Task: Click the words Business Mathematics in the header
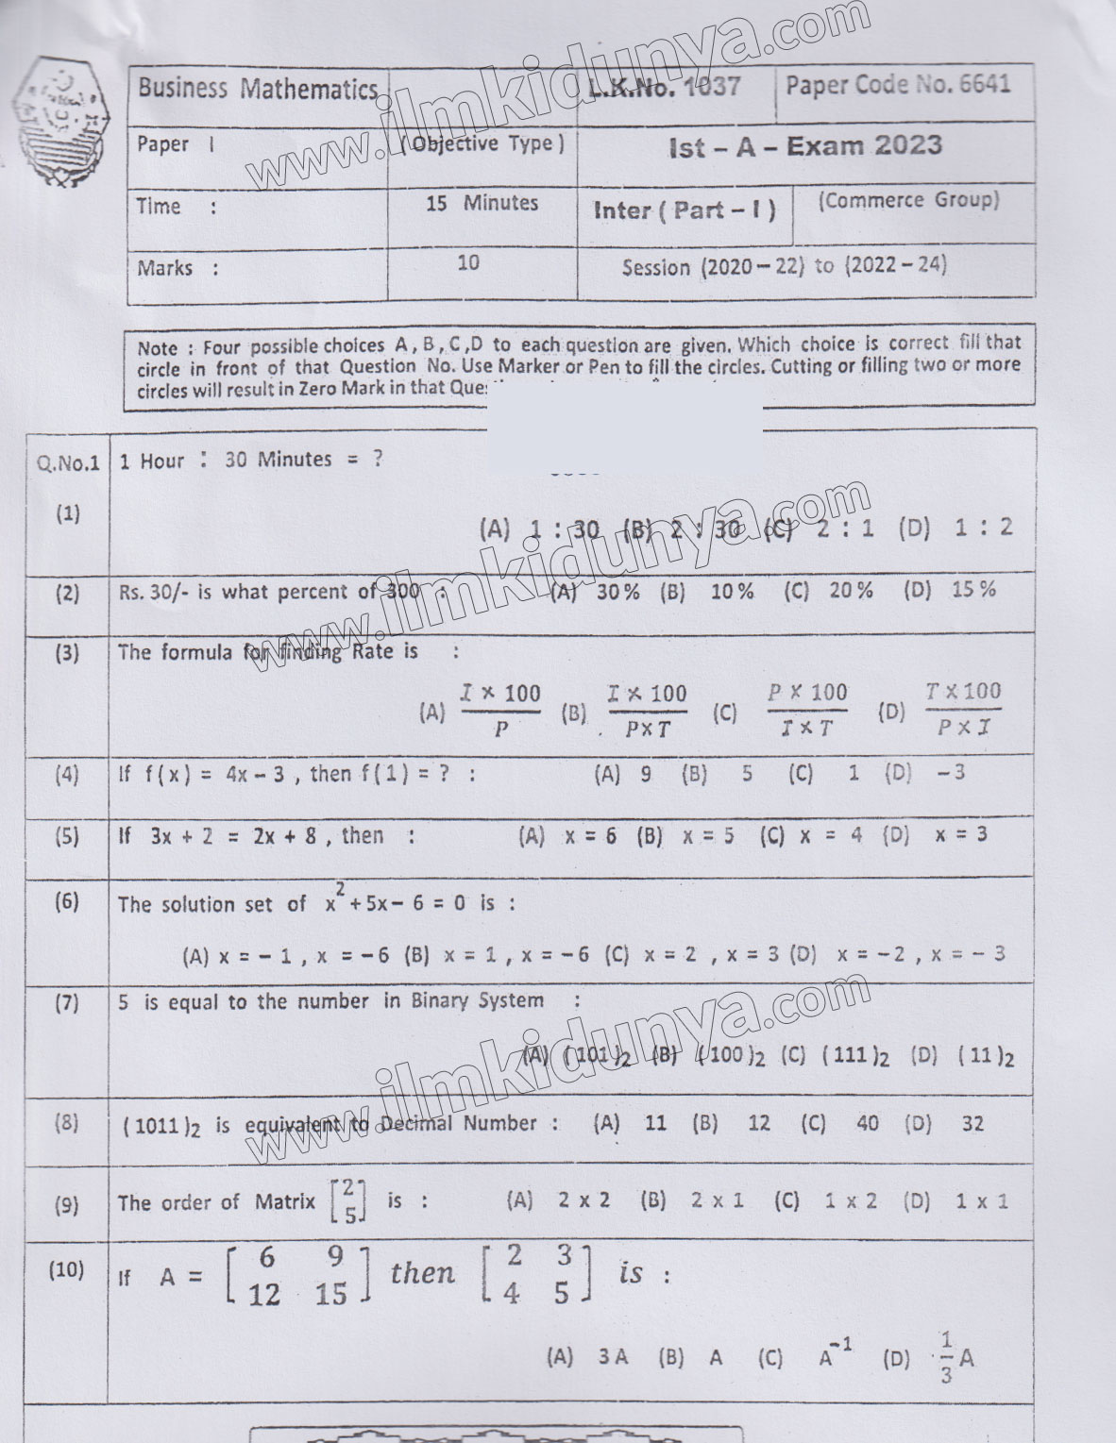[257, 90]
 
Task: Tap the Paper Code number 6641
[985, 85]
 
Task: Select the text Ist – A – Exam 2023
[803, 146]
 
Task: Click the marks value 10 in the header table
[468, 262]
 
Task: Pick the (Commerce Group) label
[907, 200]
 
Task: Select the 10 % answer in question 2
[732, 592]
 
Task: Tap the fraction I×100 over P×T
[648, 711]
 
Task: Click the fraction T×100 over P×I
[963, 709]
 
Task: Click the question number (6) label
[67, 900]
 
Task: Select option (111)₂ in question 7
[855, 1055]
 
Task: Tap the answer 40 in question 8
[867, 1123]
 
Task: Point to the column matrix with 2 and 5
[349, 1200]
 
